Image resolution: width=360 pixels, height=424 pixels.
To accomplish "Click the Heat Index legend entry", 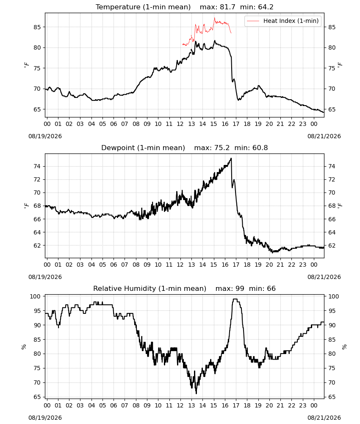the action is point(283,21).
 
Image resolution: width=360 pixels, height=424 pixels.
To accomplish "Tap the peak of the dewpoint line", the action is point(231,158).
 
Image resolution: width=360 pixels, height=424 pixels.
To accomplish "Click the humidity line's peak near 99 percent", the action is point(235,299).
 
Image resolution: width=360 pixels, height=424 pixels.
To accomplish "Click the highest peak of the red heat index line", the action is point(214,18).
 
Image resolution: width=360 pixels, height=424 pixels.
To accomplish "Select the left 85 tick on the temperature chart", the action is point(37,27).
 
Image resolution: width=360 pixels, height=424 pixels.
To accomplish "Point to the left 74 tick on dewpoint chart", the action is point(37,166).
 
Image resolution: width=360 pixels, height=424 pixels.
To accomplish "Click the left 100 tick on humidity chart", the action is point(36,296).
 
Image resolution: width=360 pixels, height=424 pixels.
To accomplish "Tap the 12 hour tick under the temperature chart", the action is point(180,124).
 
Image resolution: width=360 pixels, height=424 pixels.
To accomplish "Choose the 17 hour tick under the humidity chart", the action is point(236,405).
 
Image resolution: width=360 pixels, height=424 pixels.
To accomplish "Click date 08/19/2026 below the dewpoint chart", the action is point(45,277).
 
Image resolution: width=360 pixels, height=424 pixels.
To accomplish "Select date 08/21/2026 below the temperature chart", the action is point(324,136).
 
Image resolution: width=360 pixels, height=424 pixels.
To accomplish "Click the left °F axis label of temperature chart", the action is point(26,65).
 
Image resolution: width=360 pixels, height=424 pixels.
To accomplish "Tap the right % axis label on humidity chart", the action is point(344,347).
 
